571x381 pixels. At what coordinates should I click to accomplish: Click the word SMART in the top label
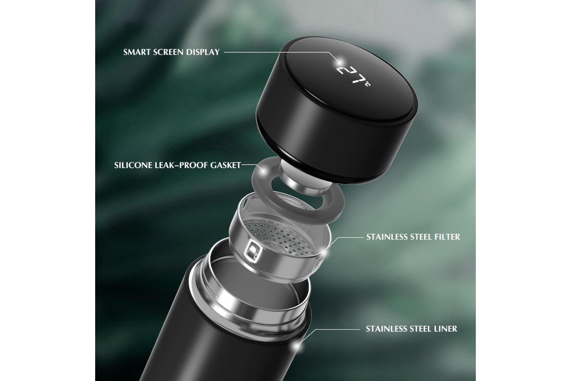(137, 52)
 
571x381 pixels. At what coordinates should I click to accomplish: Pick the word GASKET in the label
(226, 165)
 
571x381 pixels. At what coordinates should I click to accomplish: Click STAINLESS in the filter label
(384, 237)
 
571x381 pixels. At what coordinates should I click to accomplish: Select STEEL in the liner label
(416, 329)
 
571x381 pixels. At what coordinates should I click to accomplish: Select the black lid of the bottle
(336, 107)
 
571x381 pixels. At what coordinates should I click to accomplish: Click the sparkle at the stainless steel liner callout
(297, 346)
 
